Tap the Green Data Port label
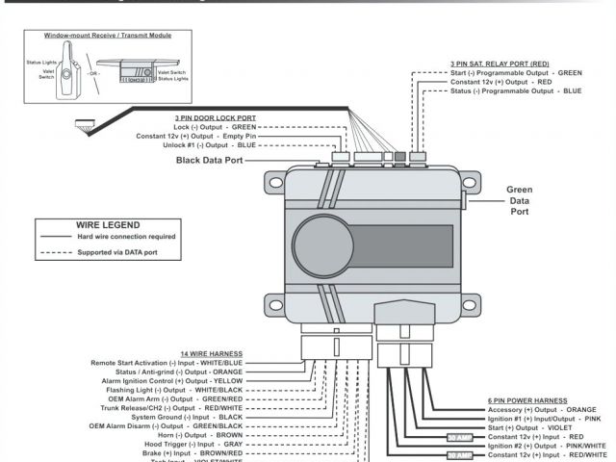point(520,200)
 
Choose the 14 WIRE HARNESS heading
point(211,353)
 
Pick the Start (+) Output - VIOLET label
point(529,427)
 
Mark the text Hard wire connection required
point(126,236)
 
